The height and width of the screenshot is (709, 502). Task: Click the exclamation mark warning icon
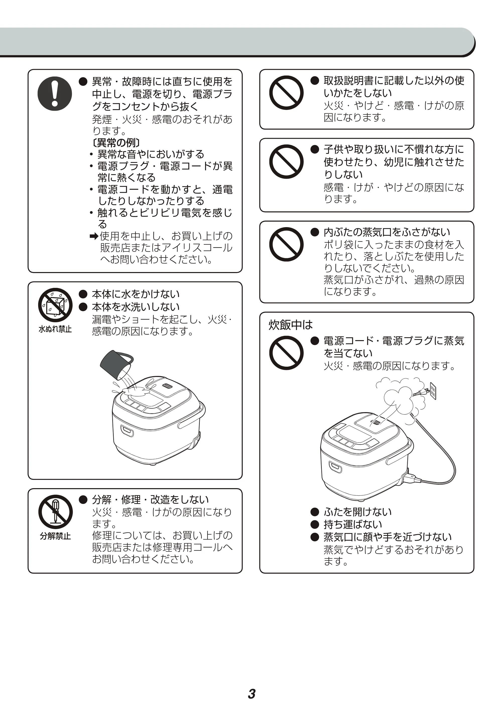[55, 94]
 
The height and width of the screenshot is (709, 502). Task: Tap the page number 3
[252, 685]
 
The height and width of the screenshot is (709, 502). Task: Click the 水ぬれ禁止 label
[55, 329]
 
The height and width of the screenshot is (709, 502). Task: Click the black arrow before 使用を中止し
[94, 237]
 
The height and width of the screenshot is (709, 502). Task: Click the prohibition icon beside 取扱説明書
[286, 93]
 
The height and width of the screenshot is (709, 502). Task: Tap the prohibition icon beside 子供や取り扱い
[286, 162]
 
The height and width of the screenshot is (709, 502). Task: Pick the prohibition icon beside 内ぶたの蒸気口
[286, 244]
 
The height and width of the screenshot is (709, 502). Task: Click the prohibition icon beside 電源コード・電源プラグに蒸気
[286, 353]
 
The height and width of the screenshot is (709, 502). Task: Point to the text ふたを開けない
[358, 512]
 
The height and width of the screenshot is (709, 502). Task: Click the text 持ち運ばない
[353, 525]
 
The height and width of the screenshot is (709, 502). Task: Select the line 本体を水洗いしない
[136, 307]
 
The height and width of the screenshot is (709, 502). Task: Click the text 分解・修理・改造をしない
[151, 500]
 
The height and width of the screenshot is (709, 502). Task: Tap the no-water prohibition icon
[55, 305]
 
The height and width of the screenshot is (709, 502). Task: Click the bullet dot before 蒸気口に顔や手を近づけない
[315, 537]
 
